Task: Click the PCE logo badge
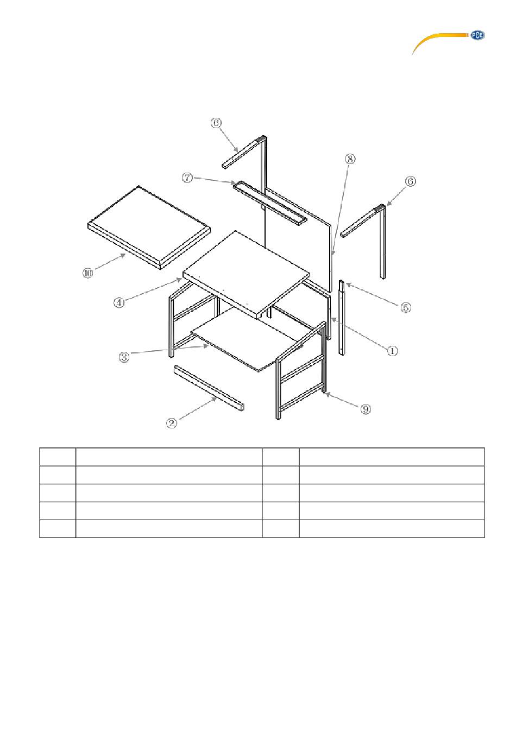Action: click(x=477, y=35)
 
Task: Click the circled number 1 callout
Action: click(x=392, y=351)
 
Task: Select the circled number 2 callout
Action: click(x=171, y=423)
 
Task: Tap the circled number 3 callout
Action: click(x=124, y=357)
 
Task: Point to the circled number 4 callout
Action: click(x=119, y=303)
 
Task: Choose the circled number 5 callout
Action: click(x=405, y=307)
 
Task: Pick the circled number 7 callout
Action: click(x=187, y=178)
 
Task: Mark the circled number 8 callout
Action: click(x=350, y=159)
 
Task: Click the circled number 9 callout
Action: click(x=366, y=409)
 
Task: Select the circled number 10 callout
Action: click(x=87, y=273)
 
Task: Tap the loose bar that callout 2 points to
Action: click(x=209, y=388)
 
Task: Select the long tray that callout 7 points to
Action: click(x=269, y=203)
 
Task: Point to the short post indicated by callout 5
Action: click(x=342, y=318)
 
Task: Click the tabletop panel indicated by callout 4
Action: click(x=246, y=274)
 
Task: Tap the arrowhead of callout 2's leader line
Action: click(x=214, y=399)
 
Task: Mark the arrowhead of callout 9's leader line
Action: click(x=328, y=395)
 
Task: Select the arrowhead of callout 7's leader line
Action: click(x=234, y=182)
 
